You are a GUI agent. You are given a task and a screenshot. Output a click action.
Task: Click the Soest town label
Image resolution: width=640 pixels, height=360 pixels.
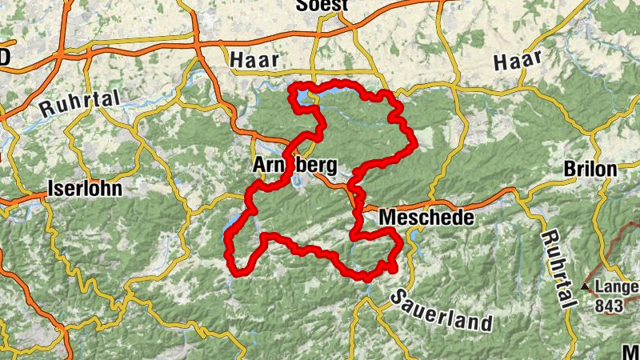coord(322,6)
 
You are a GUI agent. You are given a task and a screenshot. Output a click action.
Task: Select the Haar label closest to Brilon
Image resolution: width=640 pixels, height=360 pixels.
coord(518,60)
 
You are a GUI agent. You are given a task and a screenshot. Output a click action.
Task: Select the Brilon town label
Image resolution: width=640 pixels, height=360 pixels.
coord(590,170)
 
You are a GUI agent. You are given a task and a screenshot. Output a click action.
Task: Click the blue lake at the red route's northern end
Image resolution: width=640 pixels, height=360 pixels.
coord(302,98)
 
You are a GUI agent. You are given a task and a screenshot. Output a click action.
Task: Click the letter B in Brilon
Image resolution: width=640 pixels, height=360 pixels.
coord(570,170)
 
